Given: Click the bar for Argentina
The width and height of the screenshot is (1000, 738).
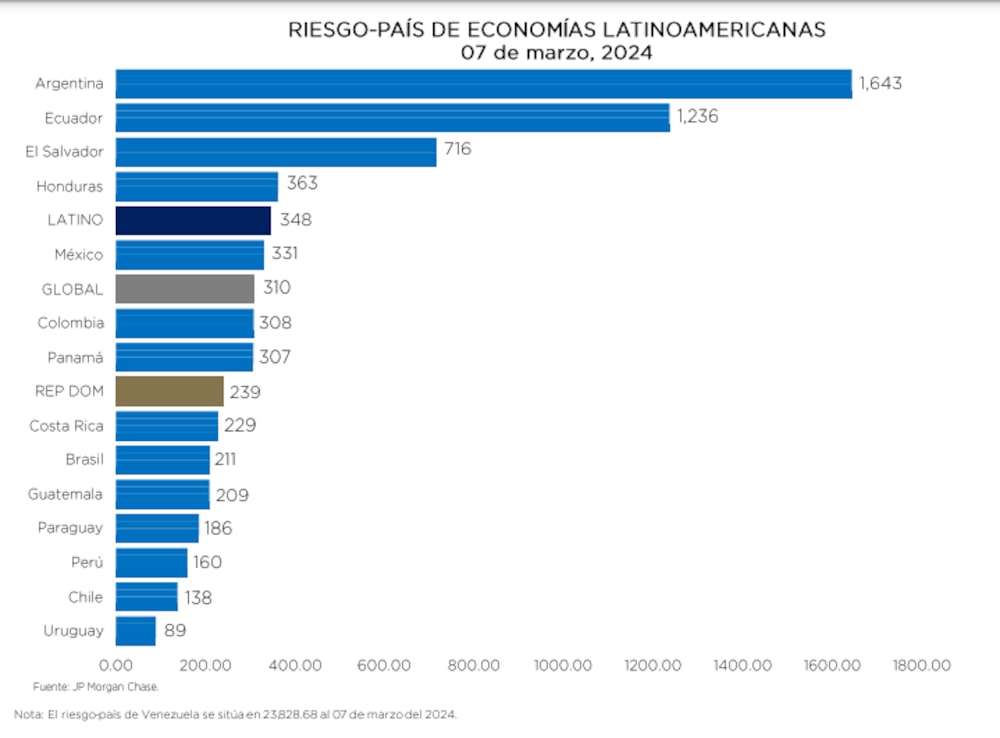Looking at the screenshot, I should [x=483, y=84].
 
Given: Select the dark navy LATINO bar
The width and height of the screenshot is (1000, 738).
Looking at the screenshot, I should [x=193, y=220].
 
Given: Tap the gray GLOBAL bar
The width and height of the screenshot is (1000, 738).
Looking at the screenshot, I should [x=185, y=289].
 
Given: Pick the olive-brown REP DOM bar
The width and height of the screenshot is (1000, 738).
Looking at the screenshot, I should [x=169, y=391].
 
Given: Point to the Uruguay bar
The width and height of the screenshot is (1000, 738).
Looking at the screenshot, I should [x=136, y=631].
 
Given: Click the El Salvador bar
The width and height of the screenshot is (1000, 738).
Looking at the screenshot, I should [x=276, y=151].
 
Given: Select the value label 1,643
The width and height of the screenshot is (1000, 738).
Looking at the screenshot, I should [x=880, y=83].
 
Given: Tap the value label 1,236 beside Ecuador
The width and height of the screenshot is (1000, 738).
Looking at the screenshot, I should [x=697, y=117].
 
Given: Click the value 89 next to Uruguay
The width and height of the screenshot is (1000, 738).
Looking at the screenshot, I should [x=175, y=631].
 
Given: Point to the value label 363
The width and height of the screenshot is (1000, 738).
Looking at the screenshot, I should [x=302, y=183].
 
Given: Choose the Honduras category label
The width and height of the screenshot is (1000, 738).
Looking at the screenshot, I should [x=69, y=186].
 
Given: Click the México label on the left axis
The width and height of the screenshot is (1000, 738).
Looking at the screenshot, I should [x=78, y=255].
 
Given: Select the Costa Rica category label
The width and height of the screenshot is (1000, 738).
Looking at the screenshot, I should [x=66, y=426].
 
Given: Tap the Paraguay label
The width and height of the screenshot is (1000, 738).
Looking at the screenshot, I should [x=70, y=528].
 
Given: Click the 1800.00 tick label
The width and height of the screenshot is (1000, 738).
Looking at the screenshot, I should [x=922, y=665].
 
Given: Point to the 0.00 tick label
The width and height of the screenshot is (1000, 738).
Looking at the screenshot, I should [x=116, y=665].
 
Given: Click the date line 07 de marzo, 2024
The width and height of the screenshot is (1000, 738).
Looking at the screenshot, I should [x=556, y=53].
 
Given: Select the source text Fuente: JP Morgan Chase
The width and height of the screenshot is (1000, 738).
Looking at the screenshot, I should [x=96, y=687].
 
